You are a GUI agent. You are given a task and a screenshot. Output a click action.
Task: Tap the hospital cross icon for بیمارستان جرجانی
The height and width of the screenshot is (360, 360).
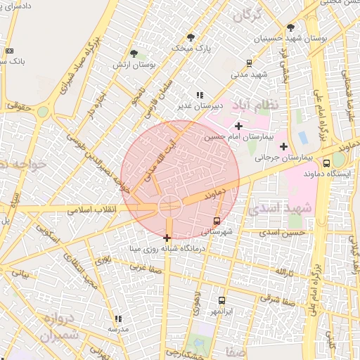[x=283, y=147]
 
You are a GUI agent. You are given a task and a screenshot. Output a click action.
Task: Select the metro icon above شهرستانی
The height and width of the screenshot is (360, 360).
[x=216, y=221]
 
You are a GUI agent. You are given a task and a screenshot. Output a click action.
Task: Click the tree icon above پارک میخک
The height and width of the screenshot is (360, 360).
[x=191, y=37]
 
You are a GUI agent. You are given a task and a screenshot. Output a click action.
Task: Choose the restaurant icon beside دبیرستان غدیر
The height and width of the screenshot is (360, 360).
[x=200, y=95]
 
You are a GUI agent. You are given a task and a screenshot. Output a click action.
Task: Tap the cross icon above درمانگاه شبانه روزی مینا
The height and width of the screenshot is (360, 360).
[x=167, y=238]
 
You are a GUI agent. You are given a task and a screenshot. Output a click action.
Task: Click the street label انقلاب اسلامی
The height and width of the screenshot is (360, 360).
[x=96, y=210]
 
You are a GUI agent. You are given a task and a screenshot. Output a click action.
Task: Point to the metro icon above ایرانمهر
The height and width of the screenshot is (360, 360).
[x=222, y=300]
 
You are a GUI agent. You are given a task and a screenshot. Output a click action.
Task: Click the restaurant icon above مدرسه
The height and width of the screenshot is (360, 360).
[x=117, y=319]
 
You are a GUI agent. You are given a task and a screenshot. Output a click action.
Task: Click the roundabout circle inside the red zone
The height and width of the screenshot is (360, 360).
[x=169, y=207]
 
